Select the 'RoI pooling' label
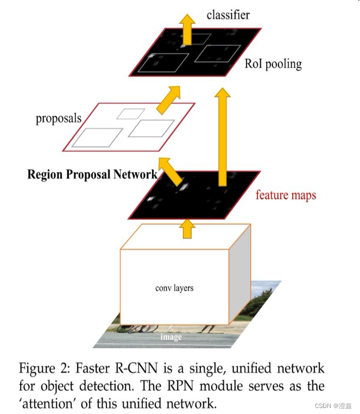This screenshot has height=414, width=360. tap(273, 64)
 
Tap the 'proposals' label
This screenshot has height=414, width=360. tap(59, 118)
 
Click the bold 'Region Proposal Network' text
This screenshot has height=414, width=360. tap(92, 174)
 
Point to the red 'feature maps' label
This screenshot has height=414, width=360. tap(286, 195)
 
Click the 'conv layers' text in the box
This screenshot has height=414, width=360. tap(174, 287)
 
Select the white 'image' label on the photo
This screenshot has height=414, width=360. tap(170, 337)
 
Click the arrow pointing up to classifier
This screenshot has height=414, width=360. tap(187, 28)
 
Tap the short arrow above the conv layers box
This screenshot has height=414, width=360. tap(187, 228)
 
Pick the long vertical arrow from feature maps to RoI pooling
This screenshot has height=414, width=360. tap(222, 139)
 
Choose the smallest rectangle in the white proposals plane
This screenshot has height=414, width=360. tap(131, 114)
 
